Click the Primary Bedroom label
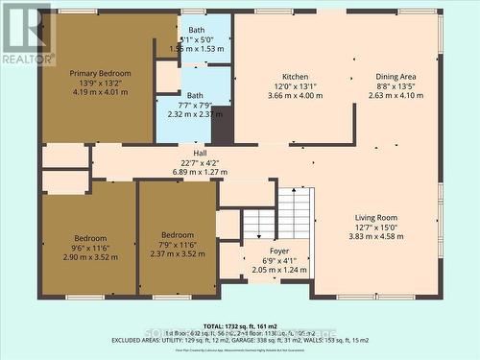[x=100, y=73]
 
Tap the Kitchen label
[x=295, y=77]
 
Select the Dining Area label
[x=396, y=77]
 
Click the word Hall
[x=200, y=154]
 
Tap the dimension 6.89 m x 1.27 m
[x=200, y=172]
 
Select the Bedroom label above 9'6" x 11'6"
[x=91, y=237]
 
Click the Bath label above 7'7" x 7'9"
[x=195, y=95]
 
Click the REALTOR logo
[x=27, y=35]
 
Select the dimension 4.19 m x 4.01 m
[x=100, y=93]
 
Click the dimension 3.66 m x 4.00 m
[x=295, y=96]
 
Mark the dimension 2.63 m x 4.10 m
[x=396, y=96]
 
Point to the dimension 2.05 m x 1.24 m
[x=265, y=272]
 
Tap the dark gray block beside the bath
[x=222, y=125]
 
